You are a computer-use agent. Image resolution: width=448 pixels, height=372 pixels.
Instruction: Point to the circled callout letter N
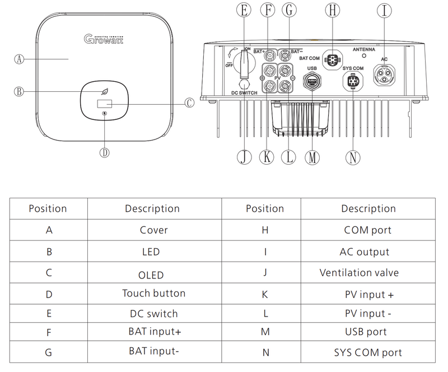pos(352,157)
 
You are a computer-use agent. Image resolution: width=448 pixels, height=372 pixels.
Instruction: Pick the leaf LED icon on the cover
pos(105,92)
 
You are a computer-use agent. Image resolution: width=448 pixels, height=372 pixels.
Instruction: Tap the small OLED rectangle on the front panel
pos(105,104)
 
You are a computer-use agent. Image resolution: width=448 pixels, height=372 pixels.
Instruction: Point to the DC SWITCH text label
pos(243,92)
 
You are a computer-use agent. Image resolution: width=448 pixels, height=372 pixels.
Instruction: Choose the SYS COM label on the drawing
pos(353,68)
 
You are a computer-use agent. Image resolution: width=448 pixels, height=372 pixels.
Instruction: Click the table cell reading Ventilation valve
pos(359,273)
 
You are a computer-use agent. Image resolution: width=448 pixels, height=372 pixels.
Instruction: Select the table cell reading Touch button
pos(153,293)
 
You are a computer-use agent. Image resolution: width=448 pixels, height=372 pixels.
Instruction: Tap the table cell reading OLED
pos(151,275)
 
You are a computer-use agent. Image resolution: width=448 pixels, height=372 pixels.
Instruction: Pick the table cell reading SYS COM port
pos(368,352)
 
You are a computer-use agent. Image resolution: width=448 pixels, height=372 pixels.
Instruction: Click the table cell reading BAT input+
pos(155,332)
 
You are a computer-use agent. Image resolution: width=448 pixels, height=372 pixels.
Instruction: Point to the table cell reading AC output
pos(364,252)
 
